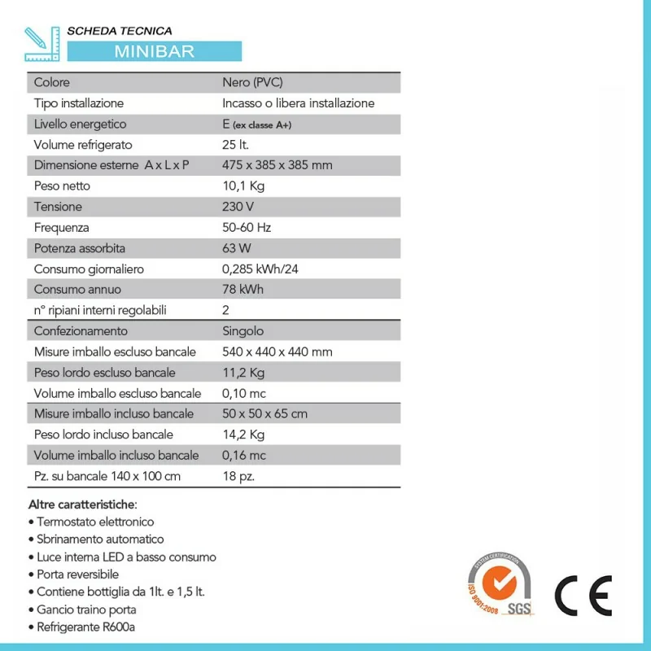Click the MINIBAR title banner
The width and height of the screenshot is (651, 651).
(155, 50)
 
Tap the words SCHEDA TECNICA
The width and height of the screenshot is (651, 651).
(120, 31)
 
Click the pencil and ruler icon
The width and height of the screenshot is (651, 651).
(43, 43)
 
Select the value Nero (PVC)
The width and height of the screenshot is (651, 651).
(252, 82)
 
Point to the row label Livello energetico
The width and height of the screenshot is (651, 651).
(81, 124)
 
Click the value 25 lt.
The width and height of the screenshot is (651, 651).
(235, 145)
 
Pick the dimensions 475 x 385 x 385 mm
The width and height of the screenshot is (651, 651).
(277, 165)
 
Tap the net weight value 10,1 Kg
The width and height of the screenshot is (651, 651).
(243, 186)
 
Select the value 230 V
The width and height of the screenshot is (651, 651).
(238, 207)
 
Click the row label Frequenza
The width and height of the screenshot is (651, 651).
(62, 228)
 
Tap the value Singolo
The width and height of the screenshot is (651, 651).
(242, 331)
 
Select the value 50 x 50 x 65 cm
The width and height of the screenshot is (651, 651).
(264, 414)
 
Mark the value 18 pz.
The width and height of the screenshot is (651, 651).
(238, 476)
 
